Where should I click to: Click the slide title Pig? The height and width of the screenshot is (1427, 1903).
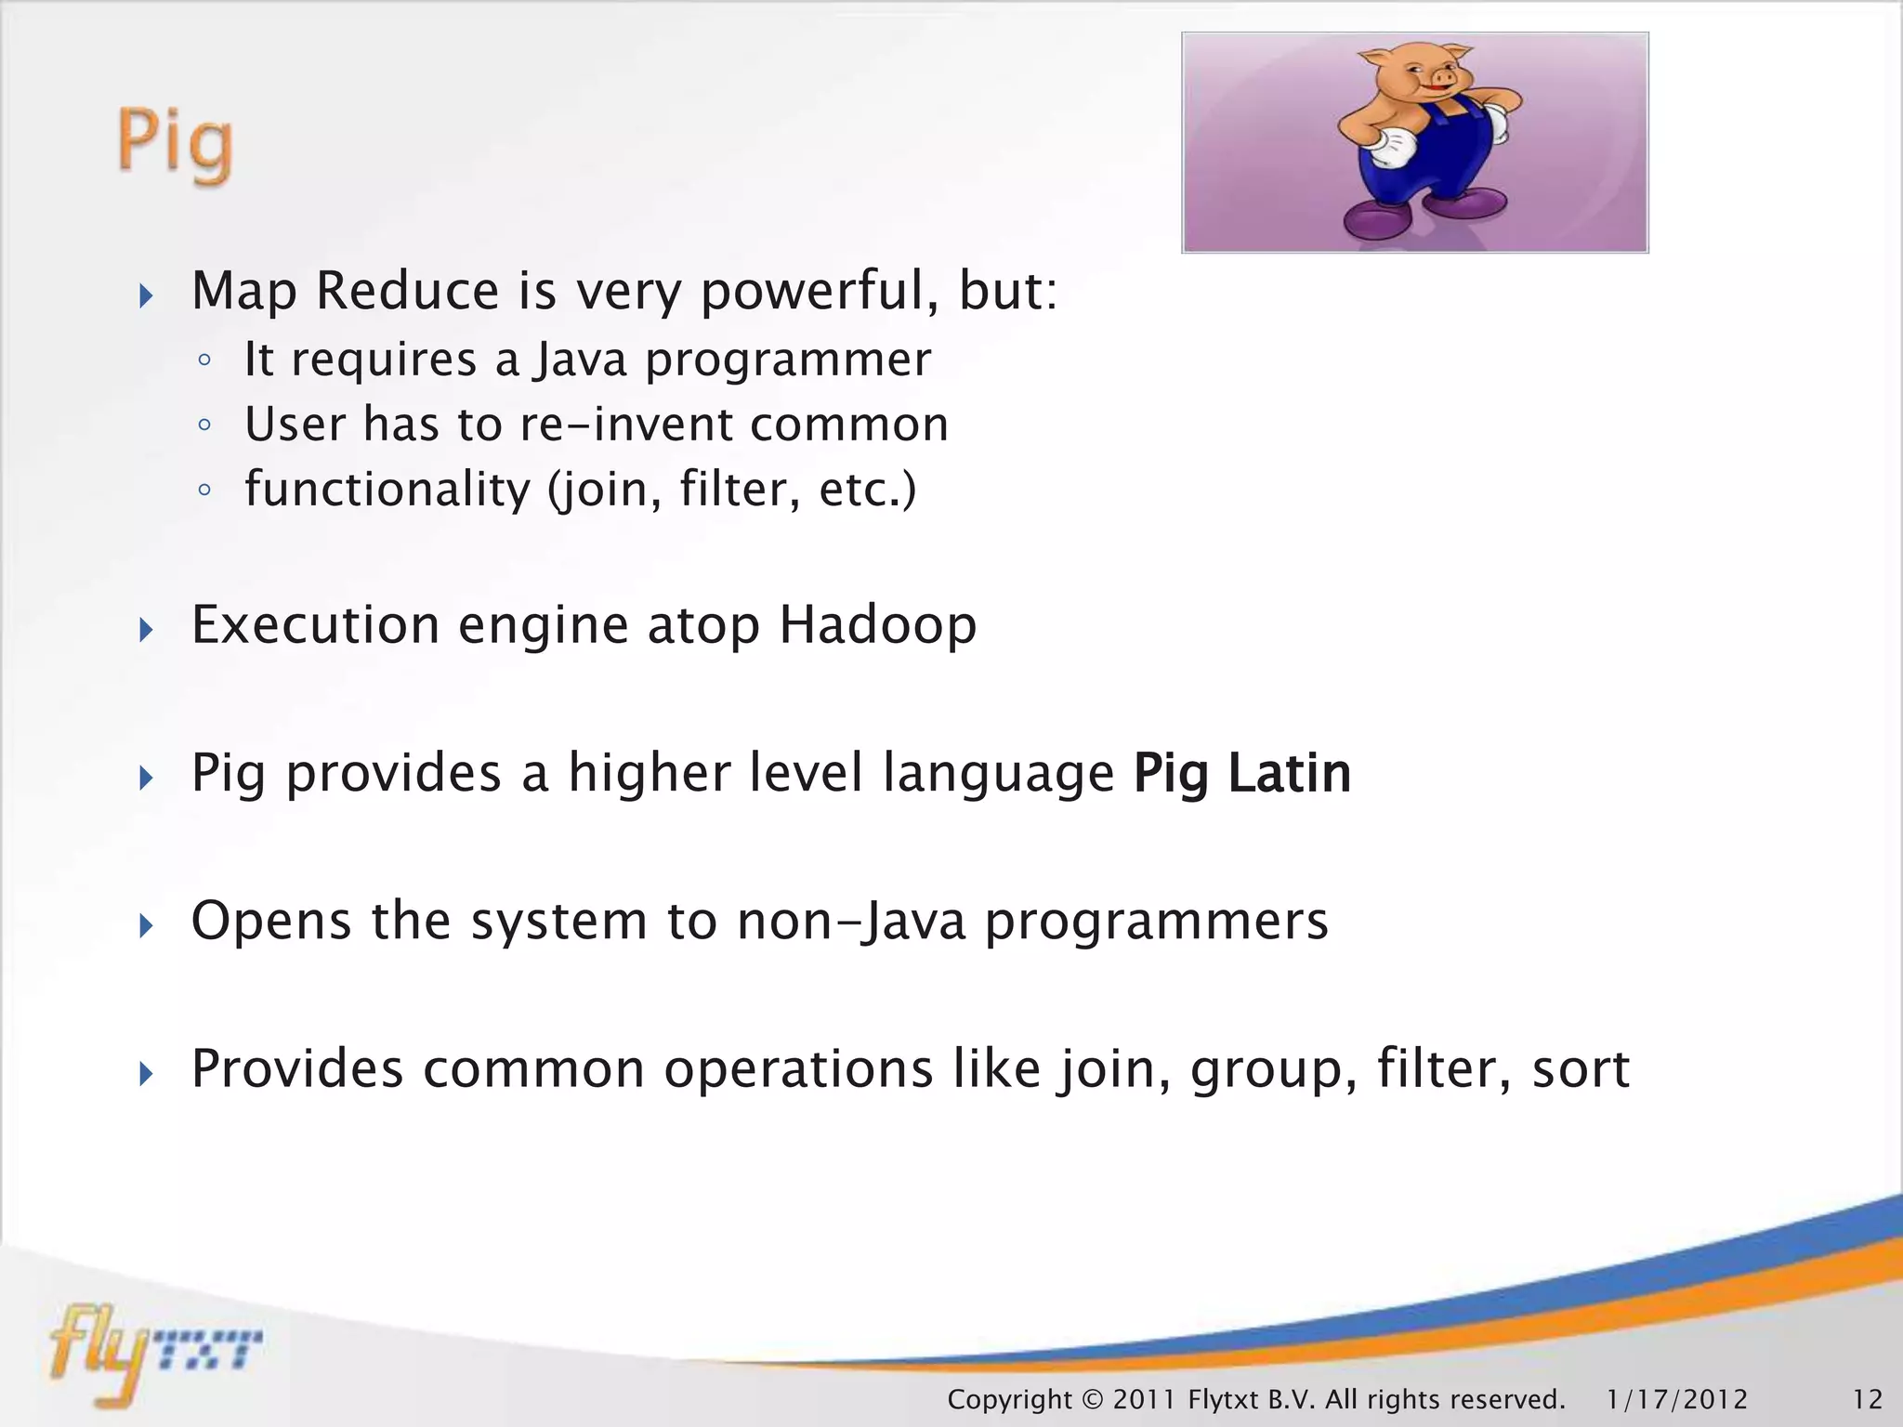[x=175, y=143]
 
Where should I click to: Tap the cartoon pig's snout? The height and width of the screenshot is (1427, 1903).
[x=1442, y=81]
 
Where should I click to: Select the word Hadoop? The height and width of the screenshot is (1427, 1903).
[x=877, y=624]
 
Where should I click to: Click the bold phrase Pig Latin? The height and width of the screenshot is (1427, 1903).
[x=1241, y=773]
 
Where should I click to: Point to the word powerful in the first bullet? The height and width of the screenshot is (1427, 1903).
[x=819, y=292]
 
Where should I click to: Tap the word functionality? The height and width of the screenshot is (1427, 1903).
[x=387, y=490]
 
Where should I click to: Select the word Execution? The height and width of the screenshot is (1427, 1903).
[x=315, y=624]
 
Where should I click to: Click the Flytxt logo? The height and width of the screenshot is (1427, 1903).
[x=153, y=1352]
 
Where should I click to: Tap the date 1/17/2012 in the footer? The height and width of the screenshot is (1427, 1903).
[x=1676, y=1399]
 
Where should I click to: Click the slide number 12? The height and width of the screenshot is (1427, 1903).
[x=1867, y=1399]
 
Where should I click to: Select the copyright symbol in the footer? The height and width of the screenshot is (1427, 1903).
[x=1092, y=1399]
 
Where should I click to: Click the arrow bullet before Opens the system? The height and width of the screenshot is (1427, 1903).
[x=146, y=925]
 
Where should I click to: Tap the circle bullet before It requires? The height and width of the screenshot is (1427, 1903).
[x=204, y=360]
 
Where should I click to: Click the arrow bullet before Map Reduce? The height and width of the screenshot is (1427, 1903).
[x=146, y=296]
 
